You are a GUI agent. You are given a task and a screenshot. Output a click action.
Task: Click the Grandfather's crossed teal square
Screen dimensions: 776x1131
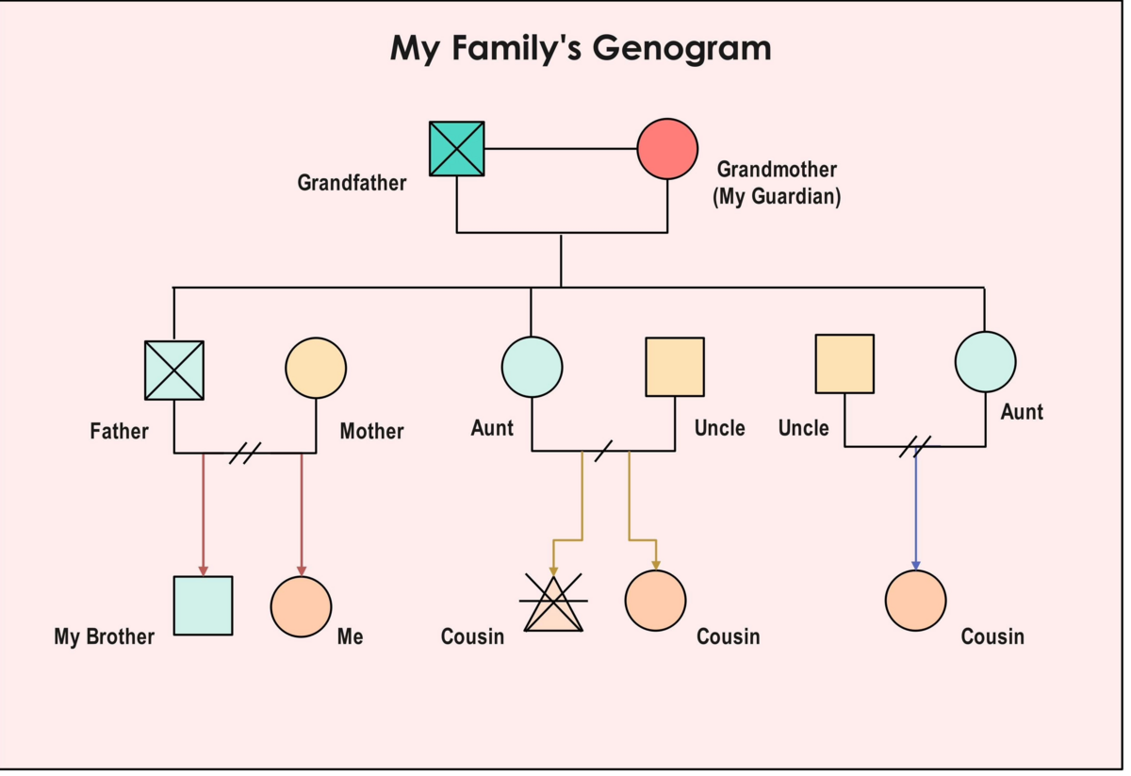[457, 149]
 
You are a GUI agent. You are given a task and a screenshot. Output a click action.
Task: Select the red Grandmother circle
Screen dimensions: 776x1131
[667, 149]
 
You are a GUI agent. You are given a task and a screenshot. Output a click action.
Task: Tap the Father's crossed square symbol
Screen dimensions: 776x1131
[174, 370]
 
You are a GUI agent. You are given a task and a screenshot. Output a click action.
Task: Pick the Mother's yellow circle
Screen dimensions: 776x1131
[316, 368]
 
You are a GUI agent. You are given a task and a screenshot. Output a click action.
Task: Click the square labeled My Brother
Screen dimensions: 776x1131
[203, 605]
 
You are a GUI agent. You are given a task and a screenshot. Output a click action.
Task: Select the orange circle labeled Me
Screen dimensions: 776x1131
[301, 607]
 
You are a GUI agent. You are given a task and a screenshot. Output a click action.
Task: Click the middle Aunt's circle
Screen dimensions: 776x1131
[532, 367]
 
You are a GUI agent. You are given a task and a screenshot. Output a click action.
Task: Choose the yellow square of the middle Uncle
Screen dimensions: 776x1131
[675, 367]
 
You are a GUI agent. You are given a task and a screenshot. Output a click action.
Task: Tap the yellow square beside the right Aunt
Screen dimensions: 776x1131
[844, 363]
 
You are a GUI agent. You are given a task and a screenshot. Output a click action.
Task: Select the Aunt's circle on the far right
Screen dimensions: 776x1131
[985, 362]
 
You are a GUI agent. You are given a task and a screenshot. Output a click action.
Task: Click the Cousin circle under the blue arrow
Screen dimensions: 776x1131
[915, 601]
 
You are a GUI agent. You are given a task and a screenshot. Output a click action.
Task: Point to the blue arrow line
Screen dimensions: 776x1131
[915, 509]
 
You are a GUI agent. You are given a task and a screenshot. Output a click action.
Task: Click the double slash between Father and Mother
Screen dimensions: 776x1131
[245, 453]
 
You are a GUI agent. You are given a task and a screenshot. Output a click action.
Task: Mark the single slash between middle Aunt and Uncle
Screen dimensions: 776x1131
[603, 451]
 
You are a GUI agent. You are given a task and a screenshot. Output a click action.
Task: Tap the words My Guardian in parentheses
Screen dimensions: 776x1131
[777, 197]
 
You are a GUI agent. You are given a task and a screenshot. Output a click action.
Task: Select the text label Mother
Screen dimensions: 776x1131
[371, 432]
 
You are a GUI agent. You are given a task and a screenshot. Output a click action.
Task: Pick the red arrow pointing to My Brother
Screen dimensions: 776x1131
[204, 514]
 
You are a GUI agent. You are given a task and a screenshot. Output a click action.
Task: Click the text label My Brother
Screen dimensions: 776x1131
[104, 637]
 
